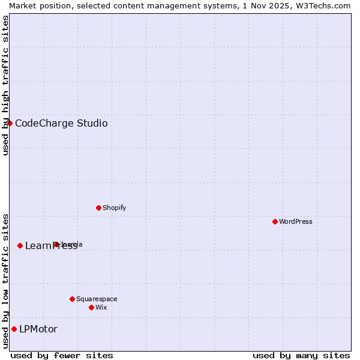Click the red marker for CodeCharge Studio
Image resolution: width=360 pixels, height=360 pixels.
coord(10,123)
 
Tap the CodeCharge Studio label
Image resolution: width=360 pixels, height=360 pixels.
coord(61,124)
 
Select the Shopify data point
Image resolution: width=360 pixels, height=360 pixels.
coord(98,208)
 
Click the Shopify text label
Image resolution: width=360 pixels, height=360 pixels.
coord(114,208)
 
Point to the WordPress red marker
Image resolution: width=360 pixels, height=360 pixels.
coord(275,221)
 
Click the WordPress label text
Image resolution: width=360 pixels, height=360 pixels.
coord(296,222)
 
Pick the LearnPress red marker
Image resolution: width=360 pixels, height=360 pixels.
coord(20,245)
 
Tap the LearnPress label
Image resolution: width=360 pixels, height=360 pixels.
coord(51,246)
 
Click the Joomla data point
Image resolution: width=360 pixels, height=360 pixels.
coord(56,244)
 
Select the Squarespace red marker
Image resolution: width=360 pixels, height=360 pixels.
coord(72,299)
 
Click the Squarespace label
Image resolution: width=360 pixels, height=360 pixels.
coord(97,299)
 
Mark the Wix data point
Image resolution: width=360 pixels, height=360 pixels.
coord(91,307)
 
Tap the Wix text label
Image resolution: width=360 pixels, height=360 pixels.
coord(101,308)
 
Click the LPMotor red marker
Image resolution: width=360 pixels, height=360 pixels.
coord(14,329)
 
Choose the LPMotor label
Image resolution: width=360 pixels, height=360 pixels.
coord(38,329)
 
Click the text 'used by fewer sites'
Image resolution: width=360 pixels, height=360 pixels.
coord(62,355)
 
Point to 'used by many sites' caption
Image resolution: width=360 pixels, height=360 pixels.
coord(301,355)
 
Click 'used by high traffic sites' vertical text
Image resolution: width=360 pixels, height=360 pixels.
coord(5,85)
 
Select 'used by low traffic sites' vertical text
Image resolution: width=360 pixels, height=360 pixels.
coord(5,280)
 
